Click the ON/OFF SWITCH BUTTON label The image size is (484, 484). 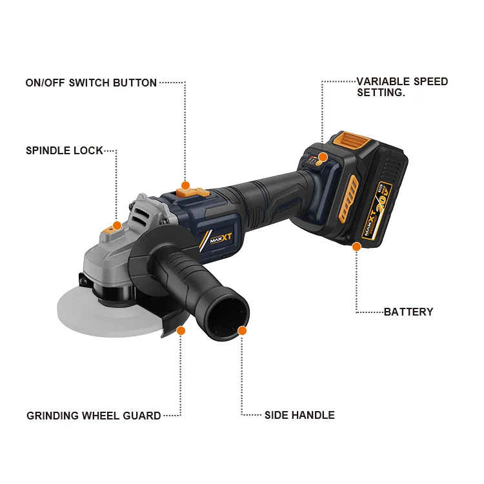click(91, 83)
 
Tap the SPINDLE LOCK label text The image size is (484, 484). click(64, 150)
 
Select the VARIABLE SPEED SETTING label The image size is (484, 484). click(402, 87)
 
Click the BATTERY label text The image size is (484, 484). click(408, 312)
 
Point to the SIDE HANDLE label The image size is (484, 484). click(299, 415)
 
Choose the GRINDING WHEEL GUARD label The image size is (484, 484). click(94, 416)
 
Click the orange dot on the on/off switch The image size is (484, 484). click(185, 185)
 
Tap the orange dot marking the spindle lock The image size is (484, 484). click(117, 226)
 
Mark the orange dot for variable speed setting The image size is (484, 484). click(323, 157)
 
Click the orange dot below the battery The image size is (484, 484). click(356, 247)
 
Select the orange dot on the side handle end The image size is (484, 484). click(242, 330)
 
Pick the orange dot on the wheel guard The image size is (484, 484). click(181, 330)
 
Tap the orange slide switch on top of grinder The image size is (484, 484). click(193, 193)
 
